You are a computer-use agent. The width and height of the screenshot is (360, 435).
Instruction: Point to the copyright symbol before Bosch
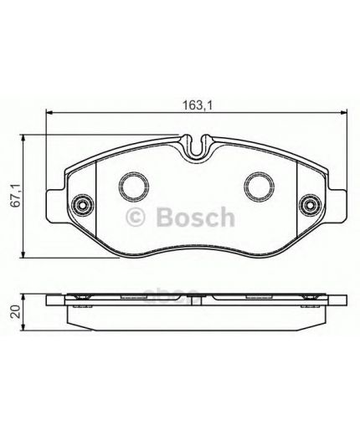click(136, 219)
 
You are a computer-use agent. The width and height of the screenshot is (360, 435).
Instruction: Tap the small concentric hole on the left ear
click(81, 203)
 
